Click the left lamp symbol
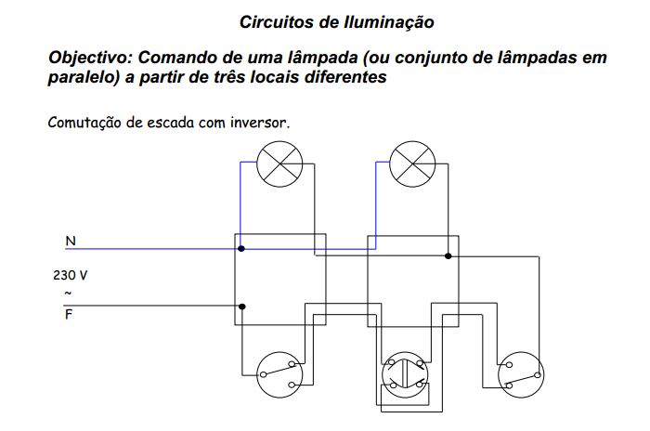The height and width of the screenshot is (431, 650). pyautogui.click(x=278, y=164)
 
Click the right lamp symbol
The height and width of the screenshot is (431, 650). pyautogui.click(x=410, y=163)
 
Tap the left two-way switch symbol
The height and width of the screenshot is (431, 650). pyautogui.click(x=277, y=372)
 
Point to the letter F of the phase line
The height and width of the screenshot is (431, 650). pyautogui.click(x=69, y=315)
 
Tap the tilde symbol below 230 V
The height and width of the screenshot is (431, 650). pyautogui.click(x=67, y=294)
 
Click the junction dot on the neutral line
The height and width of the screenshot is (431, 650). pyautogui.click(x=241, y=249)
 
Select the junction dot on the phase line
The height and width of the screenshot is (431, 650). pyautogui.click(x=242, y=306)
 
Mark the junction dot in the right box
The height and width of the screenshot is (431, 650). pyautogui.click(x=448, y=255)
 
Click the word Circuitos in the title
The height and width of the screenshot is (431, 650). pyautogui.click(x=274, y=20)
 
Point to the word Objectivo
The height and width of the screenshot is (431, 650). pyautogui.click(x=89, y=58)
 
